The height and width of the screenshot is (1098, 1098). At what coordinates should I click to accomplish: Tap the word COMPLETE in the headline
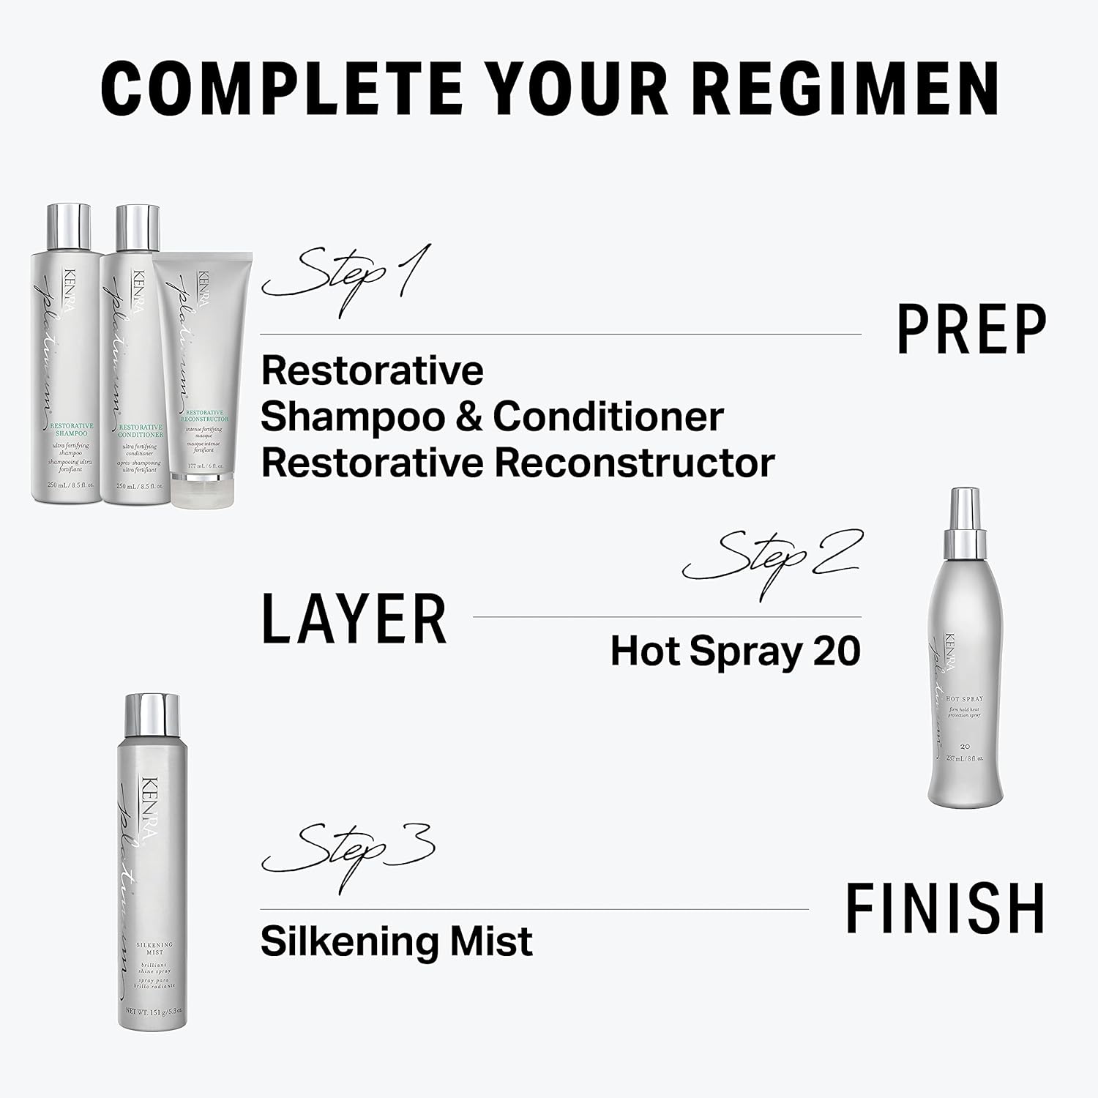tap(282, 89)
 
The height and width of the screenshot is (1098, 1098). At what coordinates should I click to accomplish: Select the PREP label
tap(972, 330)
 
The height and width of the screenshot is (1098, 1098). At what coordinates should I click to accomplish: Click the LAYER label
tap(354, 619)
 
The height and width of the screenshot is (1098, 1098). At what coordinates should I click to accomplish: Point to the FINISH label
tap(945, 908)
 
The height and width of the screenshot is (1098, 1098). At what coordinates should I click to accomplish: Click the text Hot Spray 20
tap(735, 651)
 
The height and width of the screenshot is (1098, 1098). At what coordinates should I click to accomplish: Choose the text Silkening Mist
tap(396, 941)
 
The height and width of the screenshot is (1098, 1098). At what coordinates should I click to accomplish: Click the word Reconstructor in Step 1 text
tap(635, 463)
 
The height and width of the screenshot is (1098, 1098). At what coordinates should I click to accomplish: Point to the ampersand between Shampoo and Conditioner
tap(469, 417)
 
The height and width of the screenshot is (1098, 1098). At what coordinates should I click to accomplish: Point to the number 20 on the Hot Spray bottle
tap(965, 746)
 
